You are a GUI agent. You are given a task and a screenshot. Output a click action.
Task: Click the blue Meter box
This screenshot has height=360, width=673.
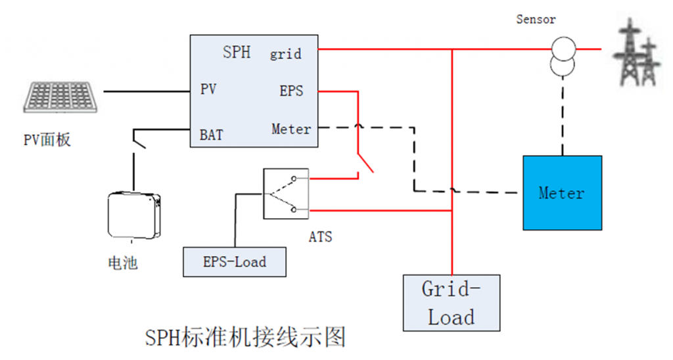point(563,192)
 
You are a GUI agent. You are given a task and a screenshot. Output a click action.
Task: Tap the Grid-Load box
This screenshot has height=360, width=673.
point(452,303)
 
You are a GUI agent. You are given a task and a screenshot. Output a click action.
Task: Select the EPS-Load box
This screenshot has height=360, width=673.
point(235,261)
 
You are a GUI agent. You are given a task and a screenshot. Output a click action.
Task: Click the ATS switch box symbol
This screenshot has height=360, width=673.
point(286,194)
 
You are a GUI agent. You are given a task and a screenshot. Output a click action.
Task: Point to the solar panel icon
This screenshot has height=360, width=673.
point(60,97)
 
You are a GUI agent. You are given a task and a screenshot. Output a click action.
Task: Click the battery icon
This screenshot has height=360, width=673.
point(134,215)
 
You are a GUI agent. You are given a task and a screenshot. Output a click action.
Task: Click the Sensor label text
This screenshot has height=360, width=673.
point(536,19)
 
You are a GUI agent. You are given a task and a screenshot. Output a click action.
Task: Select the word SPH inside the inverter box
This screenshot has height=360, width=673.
point(237,53)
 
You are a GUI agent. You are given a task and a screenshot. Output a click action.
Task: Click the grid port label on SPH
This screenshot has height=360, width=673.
point(285,54)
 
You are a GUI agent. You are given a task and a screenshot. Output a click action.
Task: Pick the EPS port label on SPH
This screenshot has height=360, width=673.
point(291,91)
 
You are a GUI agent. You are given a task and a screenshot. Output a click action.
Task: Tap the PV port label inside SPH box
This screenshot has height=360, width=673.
point(208,89)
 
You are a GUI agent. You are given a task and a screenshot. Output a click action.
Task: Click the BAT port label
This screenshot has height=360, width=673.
point(211,135)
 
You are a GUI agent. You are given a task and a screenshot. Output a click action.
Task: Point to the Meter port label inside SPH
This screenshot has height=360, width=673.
point(291,129)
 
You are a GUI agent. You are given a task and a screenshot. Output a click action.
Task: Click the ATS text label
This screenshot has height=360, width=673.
point(320,237)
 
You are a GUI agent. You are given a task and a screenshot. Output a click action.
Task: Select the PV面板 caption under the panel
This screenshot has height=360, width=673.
point(47,140)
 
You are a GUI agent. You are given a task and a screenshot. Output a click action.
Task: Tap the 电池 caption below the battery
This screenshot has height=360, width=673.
point(123,263)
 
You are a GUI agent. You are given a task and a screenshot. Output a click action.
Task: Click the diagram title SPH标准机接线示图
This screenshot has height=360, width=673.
point(245,337)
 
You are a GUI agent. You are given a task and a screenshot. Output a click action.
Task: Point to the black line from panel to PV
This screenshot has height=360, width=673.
point(147,91)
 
